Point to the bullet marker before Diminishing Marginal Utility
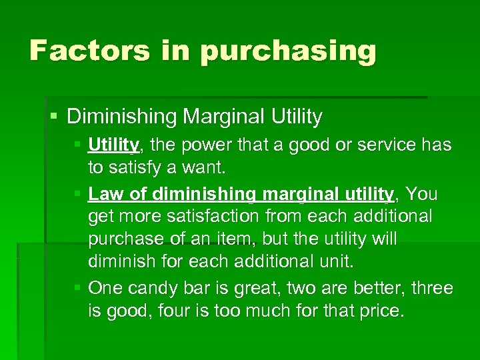tap(54, 117)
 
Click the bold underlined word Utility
tap(113, 145)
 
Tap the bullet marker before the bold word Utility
tap(78, 145)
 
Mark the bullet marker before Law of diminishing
tap(78, 194)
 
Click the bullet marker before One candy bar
tap(78, 289)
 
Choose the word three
tap(432, 289)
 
